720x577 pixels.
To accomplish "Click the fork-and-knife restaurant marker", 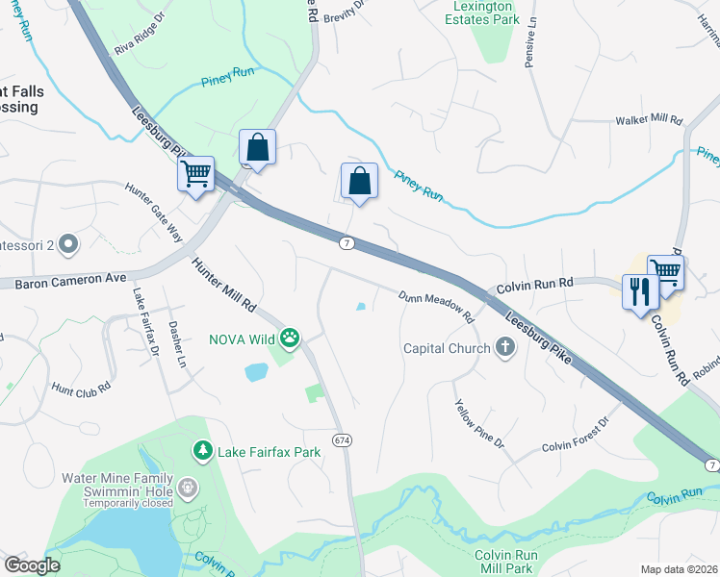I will pos(639,290).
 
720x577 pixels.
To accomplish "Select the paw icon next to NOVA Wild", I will pos(290,338).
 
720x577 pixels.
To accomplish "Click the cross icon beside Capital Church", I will pos(505,348).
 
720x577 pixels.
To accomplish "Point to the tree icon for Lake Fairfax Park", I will pos(202,449).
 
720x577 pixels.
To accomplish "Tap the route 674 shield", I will pos(342,439).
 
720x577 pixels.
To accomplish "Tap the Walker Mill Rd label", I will pos(649,121).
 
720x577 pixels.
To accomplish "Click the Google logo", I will pos(32,565).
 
